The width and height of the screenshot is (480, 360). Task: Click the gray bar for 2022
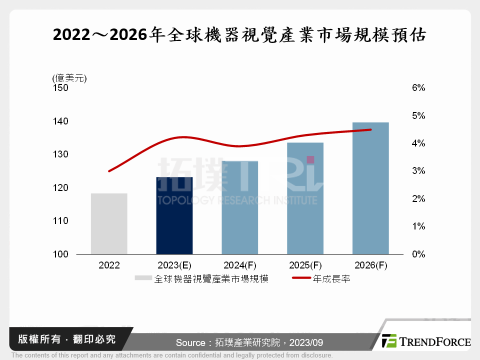coord(109,223)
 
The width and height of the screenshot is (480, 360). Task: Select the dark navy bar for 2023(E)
coord(174,215)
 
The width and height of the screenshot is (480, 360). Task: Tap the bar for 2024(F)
coord(240,207)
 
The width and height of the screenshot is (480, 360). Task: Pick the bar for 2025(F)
coord(305,198)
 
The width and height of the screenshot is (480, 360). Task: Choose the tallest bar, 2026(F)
coord(370,188)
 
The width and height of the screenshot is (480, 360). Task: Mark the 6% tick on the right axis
coord(418,88)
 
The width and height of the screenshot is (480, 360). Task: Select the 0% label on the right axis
coord(418,254)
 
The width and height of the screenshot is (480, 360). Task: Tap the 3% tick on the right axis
coord(418,171)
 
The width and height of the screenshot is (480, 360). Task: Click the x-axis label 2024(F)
coord(240,265)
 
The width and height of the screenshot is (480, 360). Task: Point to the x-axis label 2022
coord(109,265)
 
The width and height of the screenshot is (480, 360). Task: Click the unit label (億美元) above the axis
coord(69,78)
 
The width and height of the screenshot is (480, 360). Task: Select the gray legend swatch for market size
coord(143,279)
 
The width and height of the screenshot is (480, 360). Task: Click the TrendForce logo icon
coord(389,341)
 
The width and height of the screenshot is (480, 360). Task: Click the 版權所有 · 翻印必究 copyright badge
coord(66,339)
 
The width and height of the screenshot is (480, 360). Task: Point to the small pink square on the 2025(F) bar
coord(310,159)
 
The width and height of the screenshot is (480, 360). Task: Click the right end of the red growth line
coord(370,129)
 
